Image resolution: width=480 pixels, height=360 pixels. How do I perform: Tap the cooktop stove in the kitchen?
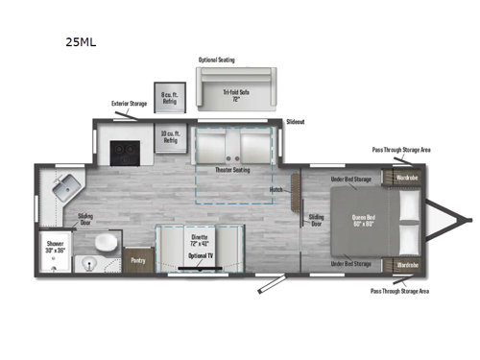[125, 150]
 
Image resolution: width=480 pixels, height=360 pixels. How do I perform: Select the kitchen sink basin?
[64, 186]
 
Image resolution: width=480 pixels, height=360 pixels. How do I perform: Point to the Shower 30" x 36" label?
[56, 248]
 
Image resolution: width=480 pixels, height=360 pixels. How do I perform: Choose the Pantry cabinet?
[138, 258]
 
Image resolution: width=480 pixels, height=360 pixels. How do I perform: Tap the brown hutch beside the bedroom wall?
[294, 182]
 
